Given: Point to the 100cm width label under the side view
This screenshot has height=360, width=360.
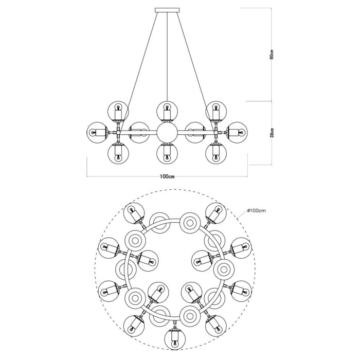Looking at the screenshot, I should coord(168,176).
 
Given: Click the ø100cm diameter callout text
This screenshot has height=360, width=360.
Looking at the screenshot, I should coord(256,211).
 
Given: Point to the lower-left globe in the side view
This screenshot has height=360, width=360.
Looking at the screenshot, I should coord(118,153).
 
